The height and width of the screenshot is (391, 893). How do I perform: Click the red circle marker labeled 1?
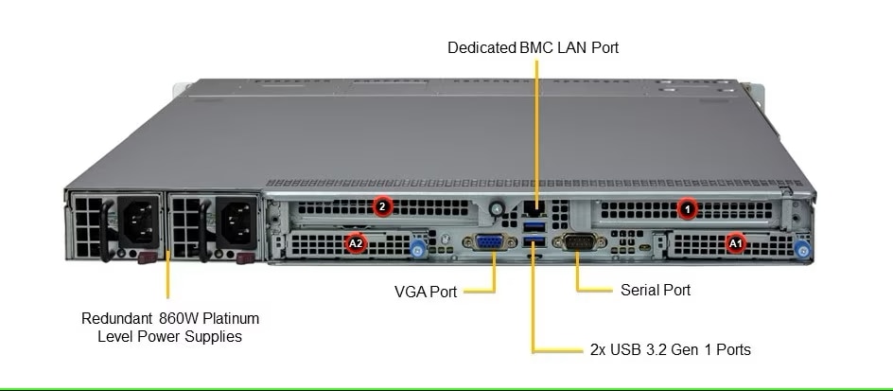click(689, 205)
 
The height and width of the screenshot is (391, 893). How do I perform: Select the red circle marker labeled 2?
click(382, 205)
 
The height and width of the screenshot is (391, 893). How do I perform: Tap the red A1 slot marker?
click(735, 243)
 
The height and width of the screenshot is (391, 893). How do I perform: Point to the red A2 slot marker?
click(356, 243)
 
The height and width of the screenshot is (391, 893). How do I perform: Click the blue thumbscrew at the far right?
click(803, 251)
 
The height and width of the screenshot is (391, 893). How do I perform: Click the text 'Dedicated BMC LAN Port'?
click(534, 46)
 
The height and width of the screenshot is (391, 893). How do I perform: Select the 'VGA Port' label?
click(426, 292)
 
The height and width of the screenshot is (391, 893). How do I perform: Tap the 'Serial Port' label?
click(655, 290)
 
